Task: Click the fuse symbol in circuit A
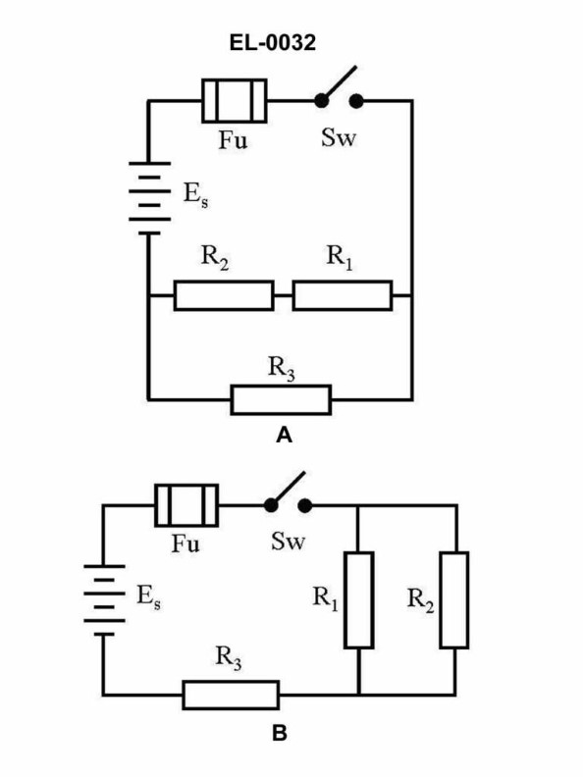tap(234, 101)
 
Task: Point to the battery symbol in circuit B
tap(103, 599)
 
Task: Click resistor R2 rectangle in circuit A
tap(224, 295)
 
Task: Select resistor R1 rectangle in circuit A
tap(342, 295)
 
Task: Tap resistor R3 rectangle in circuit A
tap(282, 399)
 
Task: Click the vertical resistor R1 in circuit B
tap(359, 599)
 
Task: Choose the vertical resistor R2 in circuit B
tap(454, 599)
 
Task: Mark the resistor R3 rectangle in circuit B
tap(231, 695)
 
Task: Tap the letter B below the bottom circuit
tap(280, 732)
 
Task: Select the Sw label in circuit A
tap(339, 137)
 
